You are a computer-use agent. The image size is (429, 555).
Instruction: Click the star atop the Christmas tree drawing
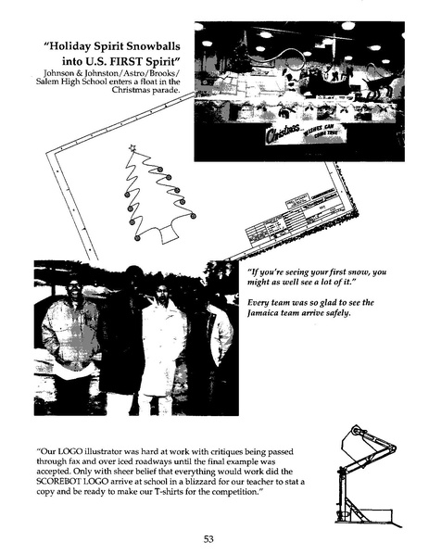click(132, 147)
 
